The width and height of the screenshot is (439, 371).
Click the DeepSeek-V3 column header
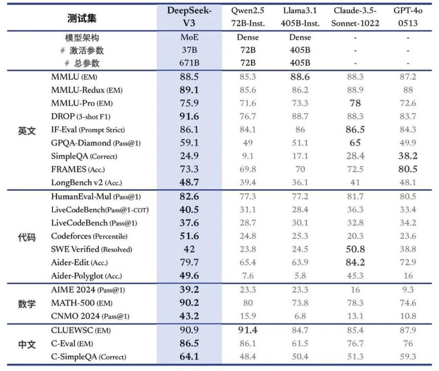coord(189,17)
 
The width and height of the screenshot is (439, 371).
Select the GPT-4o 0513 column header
coord(408,17)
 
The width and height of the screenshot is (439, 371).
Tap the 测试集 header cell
coord(82,19)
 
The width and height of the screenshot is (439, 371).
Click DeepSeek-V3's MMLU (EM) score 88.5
coord(189,77)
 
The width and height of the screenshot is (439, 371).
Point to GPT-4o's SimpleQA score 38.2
coord(408,156)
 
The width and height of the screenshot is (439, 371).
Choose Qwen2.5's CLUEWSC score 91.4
coord(247,330)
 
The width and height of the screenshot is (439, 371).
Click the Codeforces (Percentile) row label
coord(89,236)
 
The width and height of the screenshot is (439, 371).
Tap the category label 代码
coord(27,236)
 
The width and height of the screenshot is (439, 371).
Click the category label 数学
coord(27,303)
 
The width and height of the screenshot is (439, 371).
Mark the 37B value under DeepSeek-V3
coord(189,50)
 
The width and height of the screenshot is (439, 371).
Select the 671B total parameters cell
coord(189,63)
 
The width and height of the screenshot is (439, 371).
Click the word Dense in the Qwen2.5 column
coord(247,37)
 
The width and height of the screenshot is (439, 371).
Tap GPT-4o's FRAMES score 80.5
coord(408,169)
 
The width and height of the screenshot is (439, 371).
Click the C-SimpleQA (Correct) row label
coord(89,357)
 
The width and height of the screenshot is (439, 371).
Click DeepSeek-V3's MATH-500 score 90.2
coord(189,303)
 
